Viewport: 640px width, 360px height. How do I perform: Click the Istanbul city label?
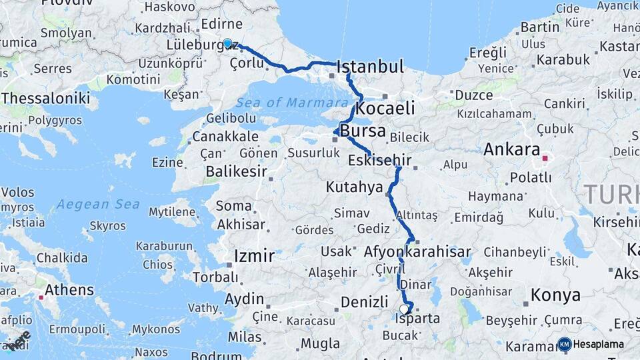coord(371,67)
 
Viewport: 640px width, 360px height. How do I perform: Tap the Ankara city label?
coord(511,149)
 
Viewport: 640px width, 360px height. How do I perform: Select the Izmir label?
coord(254,256)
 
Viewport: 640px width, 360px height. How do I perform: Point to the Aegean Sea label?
coord(97,204)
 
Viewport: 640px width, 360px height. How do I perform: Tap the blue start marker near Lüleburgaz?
coord(227,43)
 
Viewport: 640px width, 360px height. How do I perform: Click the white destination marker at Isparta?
coord(404,309)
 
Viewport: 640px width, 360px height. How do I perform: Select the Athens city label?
coord(69,290)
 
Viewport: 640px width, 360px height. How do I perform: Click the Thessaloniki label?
coord(45,98)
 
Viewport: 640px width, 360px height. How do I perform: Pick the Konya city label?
coord(555,295)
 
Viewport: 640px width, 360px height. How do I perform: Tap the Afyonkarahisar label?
coord(417,252)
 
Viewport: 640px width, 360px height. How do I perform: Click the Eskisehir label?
coord(379,160)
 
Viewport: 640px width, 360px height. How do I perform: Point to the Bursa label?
coord(363,131)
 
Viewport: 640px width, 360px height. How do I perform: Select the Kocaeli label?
coord(385,108)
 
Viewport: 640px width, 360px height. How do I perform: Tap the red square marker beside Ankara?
coord(545,159)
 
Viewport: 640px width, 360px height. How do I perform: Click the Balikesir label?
coord(236,171)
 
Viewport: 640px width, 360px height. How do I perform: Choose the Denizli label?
coord(364,302)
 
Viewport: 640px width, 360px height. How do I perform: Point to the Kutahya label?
coord(354,187)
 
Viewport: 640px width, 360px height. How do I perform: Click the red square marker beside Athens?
coord(41,297)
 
